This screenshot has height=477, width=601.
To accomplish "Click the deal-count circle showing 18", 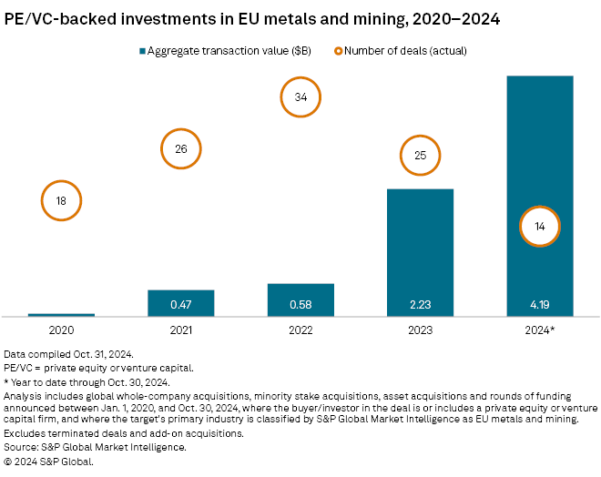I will pos(61,201).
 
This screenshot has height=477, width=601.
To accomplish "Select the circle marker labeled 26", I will pos(180,149).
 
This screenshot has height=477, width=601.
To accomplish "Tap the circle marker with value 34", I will pos(300,97).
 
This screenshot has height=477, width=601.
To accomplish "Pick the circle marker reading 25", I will pos(420,156).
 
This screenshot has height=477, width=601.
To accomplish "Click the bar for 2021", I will pos(180,303).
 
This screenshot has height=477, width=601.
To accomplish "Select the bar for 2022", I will pos(300,299).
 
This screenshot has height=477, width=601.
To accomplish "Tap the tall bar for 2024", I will pos(539,164).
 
